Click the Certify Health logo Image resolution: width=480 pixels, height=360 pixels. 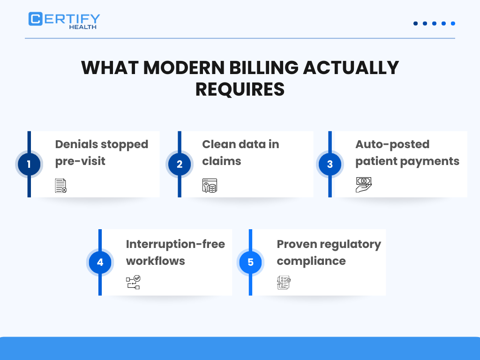[64, 20]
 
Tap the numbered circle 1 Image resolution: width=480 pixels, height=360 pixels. [29, 165]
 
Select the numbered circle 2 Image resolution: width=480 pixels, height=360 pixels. [180, 165]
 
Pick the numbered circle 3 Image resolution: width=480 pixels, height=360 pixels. [330, 165]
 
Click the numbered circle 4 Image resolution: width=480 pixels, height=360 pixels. [100, 262]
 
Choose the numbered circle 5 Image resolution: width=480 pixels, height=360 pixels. [250, 262]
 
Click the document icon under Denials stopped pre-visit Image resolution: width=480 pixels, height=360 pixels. [61, 186]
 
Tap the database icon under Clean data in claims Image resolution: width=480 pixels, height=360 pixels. [210, 186]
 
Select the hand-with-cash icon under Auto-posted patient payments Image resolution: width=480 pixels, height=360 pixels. [363, 185]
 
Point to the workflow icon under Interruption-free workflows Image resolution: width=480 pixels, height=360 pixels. [133, 283]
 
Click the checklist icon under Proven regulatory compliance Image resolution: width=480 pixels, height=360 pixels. [284, 283]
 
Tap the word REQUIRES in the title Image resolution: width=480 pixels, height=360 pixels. [240, 89]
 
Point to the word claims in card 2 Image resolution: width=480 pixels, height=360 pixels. [221, 161]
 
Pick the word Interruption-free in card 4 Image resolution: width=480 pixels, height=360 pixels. [175, 244]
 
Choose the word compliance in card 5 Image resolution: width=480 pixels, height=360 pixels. [311, 261]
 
